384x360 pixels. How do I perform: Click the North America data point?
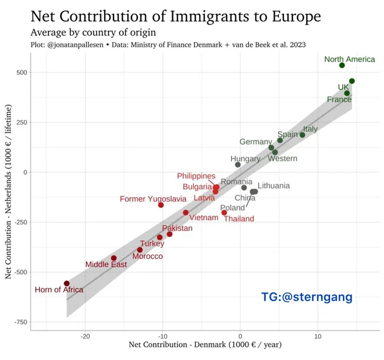coord(342,65)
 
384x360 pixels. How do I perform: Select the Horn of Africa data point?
coord(66,283)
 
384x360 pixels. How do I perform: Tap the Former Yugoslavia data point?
coord(161,205)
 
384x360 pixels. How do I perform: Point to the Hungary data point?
coord(238,165)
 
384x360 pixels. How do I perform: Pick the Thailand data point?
coord(224,212)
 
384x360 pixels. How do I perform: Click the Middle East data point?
coord(114,258)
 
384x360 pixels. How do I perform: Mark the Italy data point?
coord(302,135)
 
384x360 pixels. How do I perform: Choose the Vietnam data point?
coord(185,212)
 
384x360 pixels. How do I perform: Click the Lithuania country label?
coord(273,185)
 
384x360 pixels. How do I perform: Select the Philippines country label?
coord(196,176)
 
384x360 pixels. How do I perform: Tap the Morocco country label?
coord(148,256)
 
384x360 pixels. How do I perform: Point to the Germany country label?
coord(256,142)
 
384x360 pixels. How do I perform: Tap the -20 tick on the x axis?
coord(85,336)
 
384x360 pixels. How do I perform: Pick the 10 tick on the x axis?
coord(317,336)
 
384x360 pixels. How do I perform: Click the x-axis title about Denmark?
coord(205,346)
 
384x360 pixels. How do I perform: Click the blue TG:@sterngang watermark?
coord(307,297)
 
